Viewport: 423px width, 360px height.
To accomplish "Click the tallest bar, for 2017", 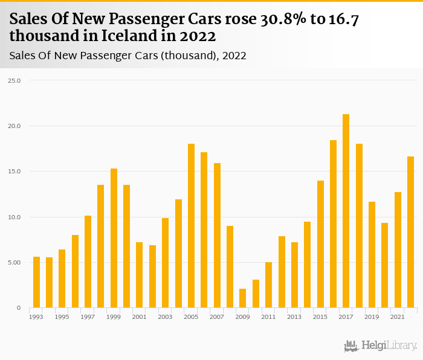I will pyautogui.click(x=346, y=211).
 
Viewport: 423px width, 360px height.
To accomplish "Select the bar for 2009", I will pyautogui.click(x=242, y=298).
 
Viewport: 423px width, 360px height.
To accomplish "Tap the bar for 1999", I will pyautogui.click(x=114, y=238).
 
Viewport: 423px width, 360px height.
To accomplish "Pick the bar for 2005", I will pyautogui.click(x=191, y=226).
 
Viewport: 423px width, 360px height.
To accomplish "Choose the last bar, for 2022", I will pyautogui.click(x=410, y=232).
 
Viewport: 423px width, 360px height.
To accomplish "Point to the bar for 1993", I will pyautogui.click(x=36, y=282).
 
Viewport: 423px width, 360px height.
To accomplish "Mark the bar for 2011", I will pyautogui.click(x=268, y=285).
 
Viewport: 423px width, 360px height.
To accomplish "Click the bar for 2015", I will pyautogui.click(x=320, y=244).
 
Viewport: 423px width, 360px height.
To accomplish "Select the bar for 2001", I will pyautogui.click(x=139, y=275).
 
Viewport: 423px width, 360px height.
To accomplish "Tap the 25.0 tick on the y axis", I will pyautogui.click(x=15, y=80).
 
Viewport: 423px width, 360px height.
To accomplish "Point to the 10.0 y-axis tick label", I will pyautogui.click(x=15, y=217).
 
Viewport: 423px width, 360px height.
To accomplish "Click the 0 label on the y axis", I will pyautogui.click(x=18, y=308).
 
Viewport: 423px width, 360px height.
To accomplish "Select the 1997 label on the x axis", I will pyautogui.click(x=88, y=317).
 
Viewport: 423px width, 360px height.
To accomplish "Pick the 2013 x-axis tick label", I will pyautogui.click(x=294, y=317).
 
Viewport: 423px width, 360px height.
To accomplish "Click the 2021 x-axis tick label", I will pyautogui.click(x=398, y=317).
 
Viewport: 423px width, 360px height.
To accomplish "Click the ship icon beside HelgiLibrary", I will pyautogui.click(x=351, y=346).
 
